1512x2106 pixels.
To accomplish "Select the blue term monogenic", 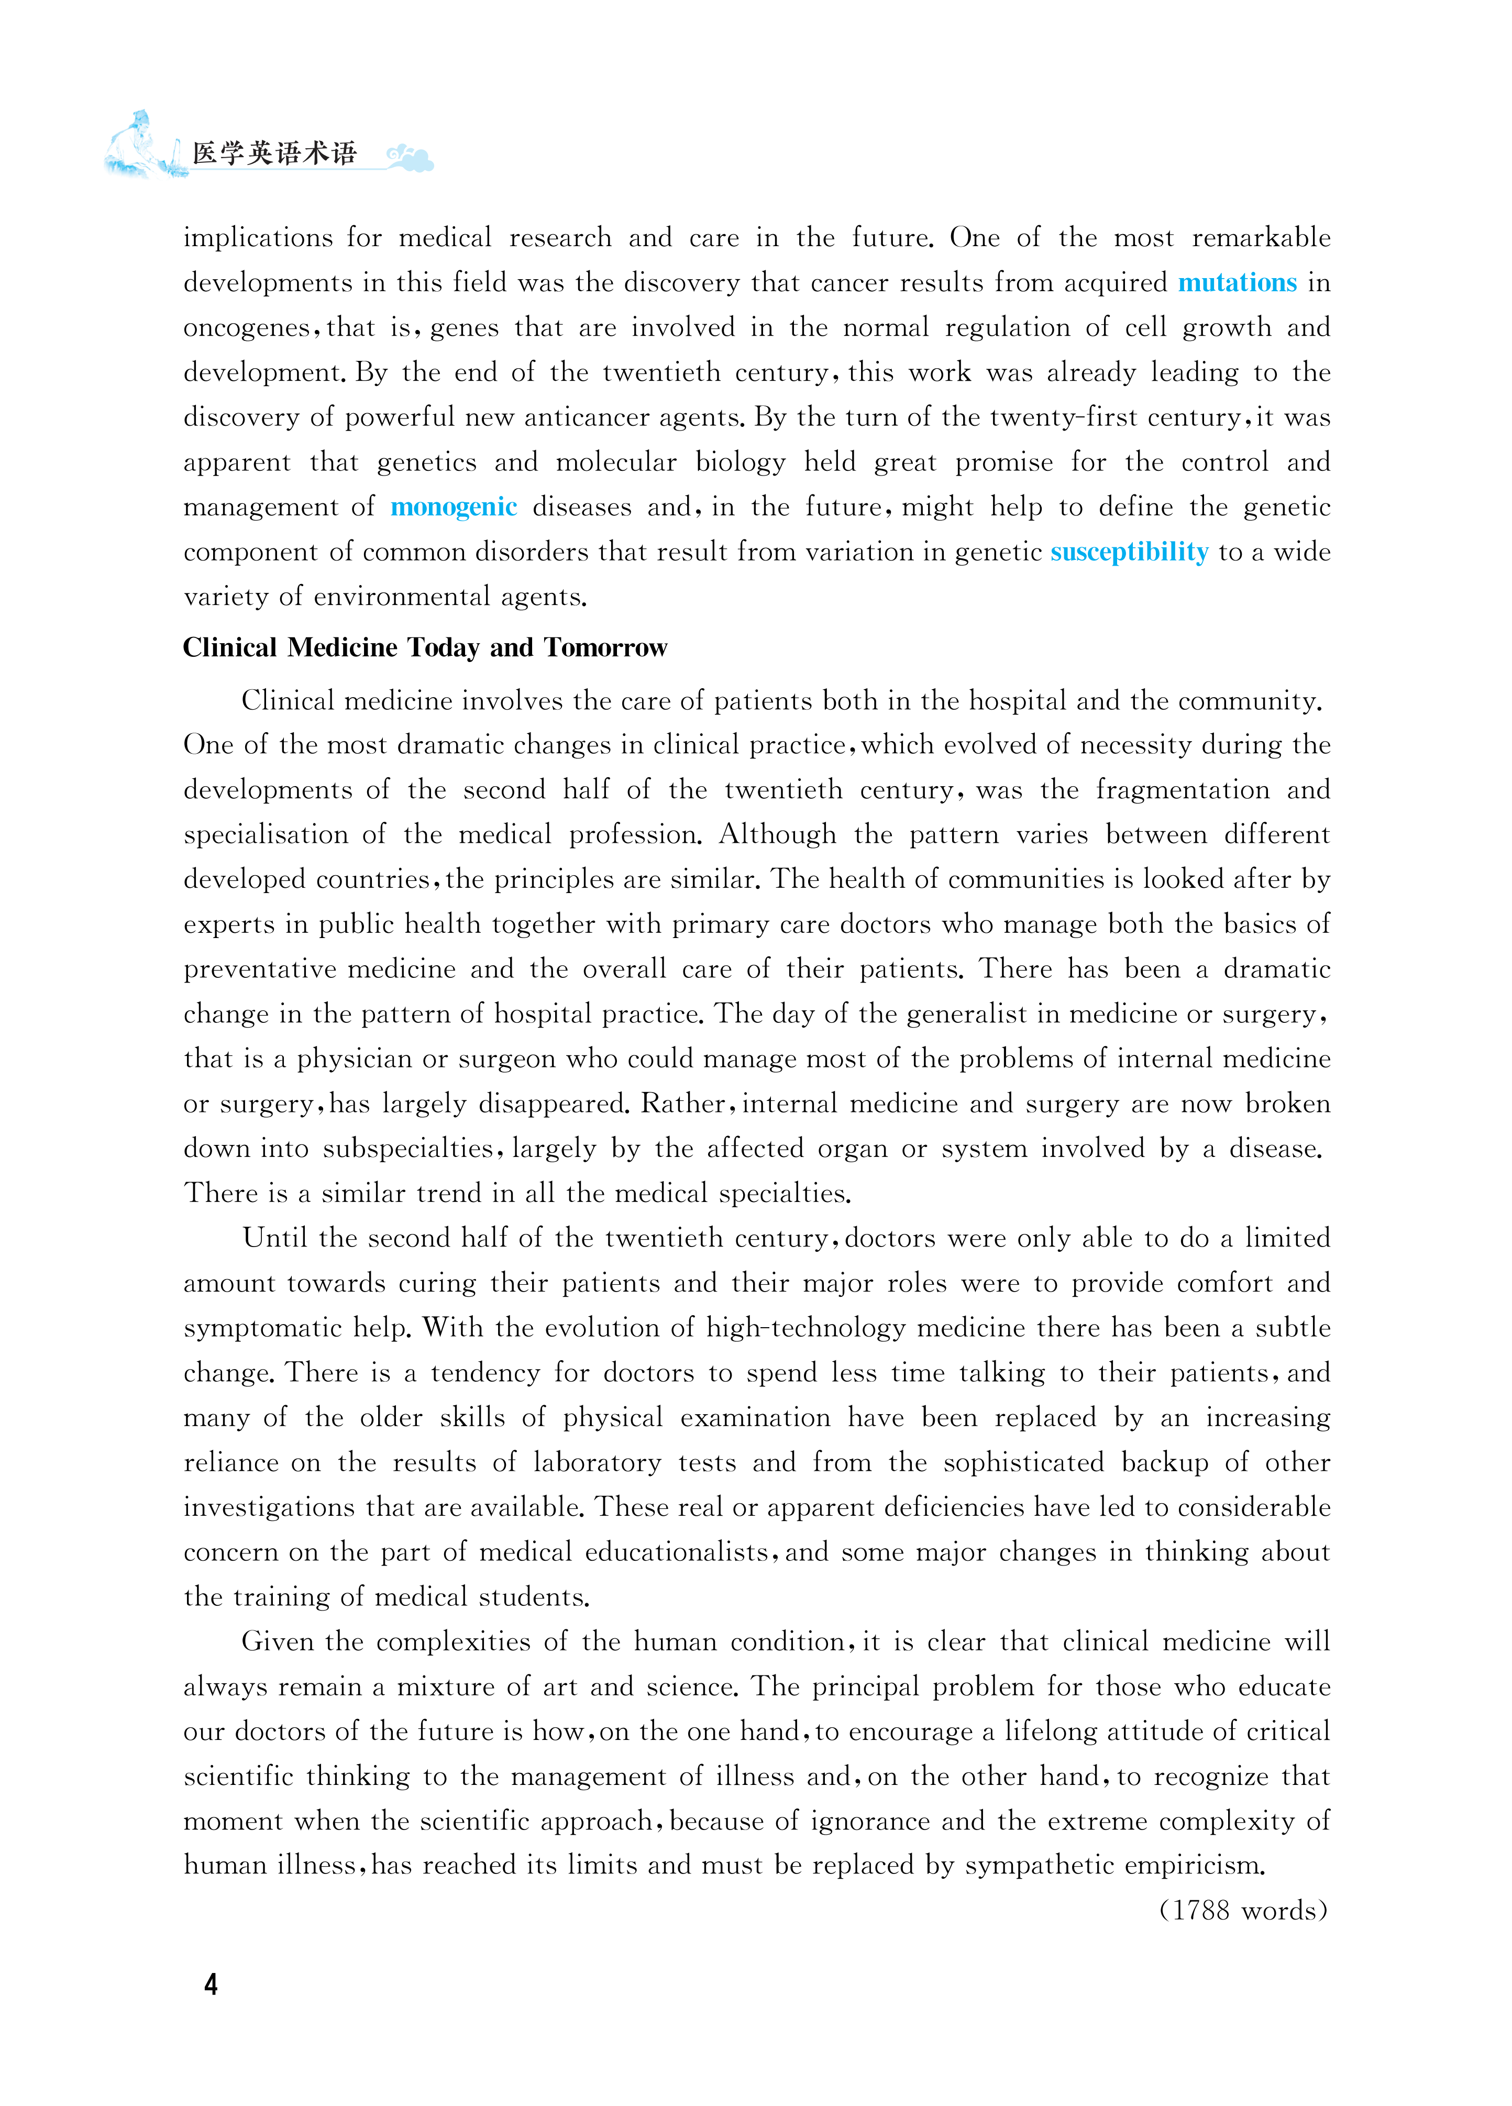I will point(453,507).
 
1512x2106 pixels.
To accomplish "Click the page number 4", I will point(211,1984).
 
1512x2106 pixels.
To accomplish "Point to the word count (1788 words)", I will point(1243,1910).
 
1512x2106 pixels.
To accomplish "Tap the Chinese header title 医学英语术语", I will point(275,153).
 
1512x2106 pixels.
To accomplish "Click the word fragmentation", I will point(1182,790).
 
